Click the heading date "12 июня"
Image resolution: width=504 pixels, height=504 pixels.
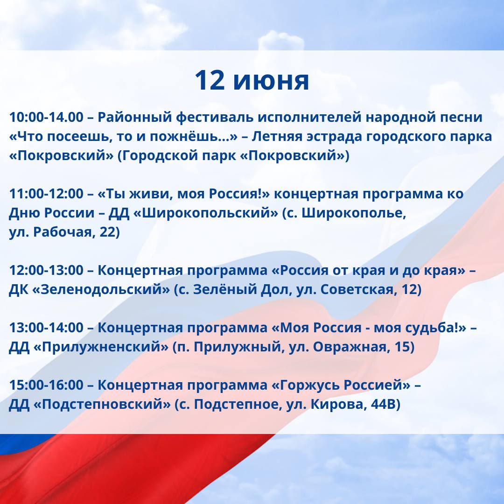pyautogui.click(x=252, y=80)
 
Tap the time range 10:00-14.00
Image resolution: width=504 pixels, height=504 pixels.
pyautogui.click(x=46, y=117)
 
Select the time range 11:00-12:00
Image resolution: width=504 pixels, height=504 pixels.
pyautogui.click(x=46, y=194)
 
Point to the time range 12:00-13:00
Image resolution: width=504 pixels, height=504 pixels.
pyautogui.click(x=46, y=270)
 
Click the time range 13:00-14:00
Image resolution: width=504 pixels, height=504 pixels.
pyautogui.click(x=46, y=328)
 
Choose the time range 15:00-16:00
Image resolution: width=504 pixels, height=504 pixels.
pyautogui.click(x=46, y=385)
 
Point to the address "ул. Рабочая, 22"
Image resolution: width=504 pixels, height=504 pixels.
pyautogui.click(x=64, y=232)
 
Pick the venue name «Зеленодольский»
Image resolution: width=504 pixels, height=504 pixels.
pyautogui.click(x=102, y=289)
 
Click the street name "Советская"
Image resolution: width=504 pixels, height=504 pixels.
pyautogui.click(x=357, y=289)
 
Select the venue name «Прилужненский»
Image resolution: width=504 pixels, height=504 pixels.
pyautogui.click(x=101, y=346)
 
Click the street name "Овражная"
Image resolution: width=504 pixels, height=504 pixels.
pyautogui.click(x=350, y=346)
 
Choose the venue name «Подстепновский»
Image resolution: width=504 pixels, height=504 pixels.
pyautogui.click(x=102, y=404)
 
